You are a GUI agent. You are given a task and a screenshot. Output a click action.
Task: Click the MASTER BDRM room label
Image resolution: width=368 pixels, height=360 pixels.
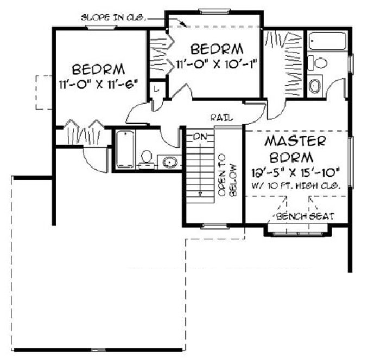pyautogui.click(x=295, y=150)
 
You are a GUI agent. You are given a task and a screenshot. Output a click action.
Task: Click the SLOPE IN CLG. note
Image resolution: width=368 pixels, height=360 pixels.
pyautogui.click(x=113, y=17)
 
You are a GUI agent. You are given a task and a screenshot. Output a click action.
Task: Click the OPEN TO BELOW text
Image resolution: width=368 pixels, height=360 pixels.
pyautogui.click(x=228, y=178)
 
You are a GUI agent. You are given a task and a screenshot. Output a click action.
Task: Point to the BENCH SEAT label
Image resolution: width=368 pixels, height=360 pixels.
pyautogui.click(x=304, y=216)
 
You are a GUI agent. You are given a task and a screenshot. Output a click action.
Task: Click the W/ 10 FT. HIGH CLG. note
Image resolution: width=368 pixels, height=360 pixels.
pyautogui.click(x=295, y=185)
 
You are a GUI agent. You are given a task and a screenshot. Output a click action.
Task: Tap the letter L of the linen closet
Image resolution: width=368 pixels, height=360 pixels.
pyautogui.click(x=156, y=89)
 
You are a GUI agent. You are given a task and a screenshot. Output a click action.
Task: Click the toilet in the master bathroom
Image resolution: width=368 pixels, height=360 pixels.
pyautogui.click(x=320, y=62)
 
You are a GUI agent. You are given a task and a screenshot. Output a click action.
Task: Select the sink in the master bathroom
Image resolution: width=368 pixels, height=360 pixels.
pyautogui.click(x=315, y=86)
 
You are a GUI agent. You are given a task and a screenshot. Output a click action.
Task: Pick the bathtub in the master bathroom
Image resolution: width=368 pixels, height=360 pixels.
pyautogui.click(x=327, y=42)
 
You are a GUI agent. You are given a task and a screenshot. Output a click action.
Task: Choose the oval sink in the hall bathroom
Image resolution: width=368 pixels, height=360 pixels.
pyautogui.click(x=170, y=162)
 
